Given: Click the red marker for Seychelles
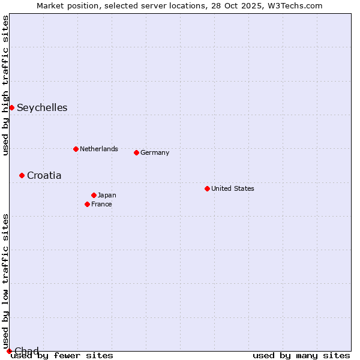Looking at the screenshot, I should (x=11, y=107).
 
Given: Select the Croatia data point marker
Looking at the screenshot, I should (x=22, y=175).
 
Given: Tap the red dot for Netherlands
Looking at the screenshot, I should (x=76, y=149).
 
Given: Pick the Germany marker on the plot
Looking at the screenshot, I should (x=136, y=152).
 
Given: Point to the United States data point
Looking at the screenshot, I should (x=207, y=188).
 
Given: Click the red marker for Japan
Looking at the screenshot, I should (x=94, y=195).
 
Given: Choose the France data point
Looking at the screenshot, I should (x=87, y=204).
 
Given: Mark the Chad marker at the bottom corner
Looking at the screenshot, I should (x=9, y=351).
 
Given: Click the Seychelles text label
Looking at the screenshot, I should (x=42, y=108).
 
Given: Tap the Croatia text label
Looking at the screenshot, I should (x=44, y=176).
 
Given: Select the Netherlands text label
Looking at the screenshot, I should (x=99, y=149).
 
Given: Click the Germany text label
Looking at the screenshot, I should (x=155, y=152).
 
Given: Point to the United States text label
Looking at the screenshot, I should (x=233, y=188).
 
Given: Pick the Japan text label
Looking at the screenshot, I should (x=107, y=195).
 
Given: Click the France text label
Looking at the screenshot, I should (x=101, y=204).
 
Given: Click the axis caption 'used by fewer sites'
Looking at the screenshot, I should (x=62, y=355).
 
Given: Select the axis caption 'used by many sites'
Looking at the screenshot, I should (x=301, y=355).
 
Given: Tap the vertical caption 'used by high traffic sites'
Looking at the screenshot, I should (x=5, y=85).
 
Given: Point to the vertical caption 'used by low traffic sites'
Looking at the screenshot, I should (x=5, y=282).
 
